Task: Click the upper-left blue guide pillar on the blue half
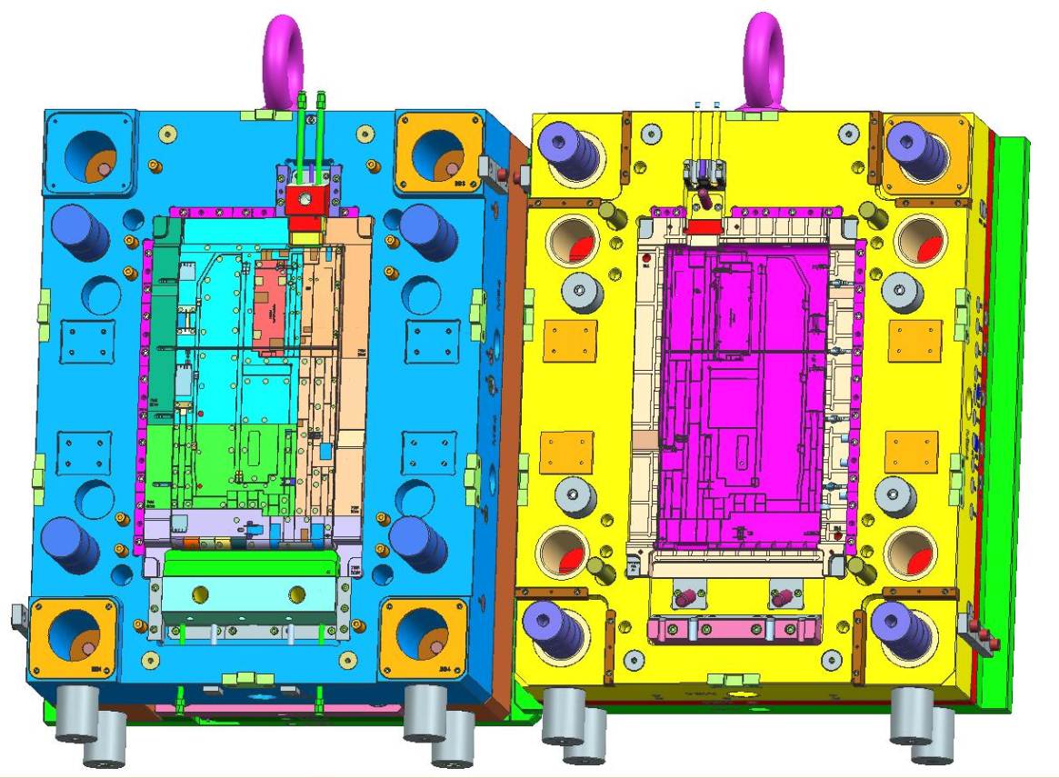(x=81, y=231)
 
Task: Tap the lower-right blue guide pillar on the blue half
(x=421, y=542)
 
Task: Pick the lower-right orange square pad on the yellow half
(x=911, y=452)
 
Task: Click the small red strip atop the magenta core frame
(x=700, y=228)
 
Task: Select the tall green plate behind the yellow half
(x=1010, y=409)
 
